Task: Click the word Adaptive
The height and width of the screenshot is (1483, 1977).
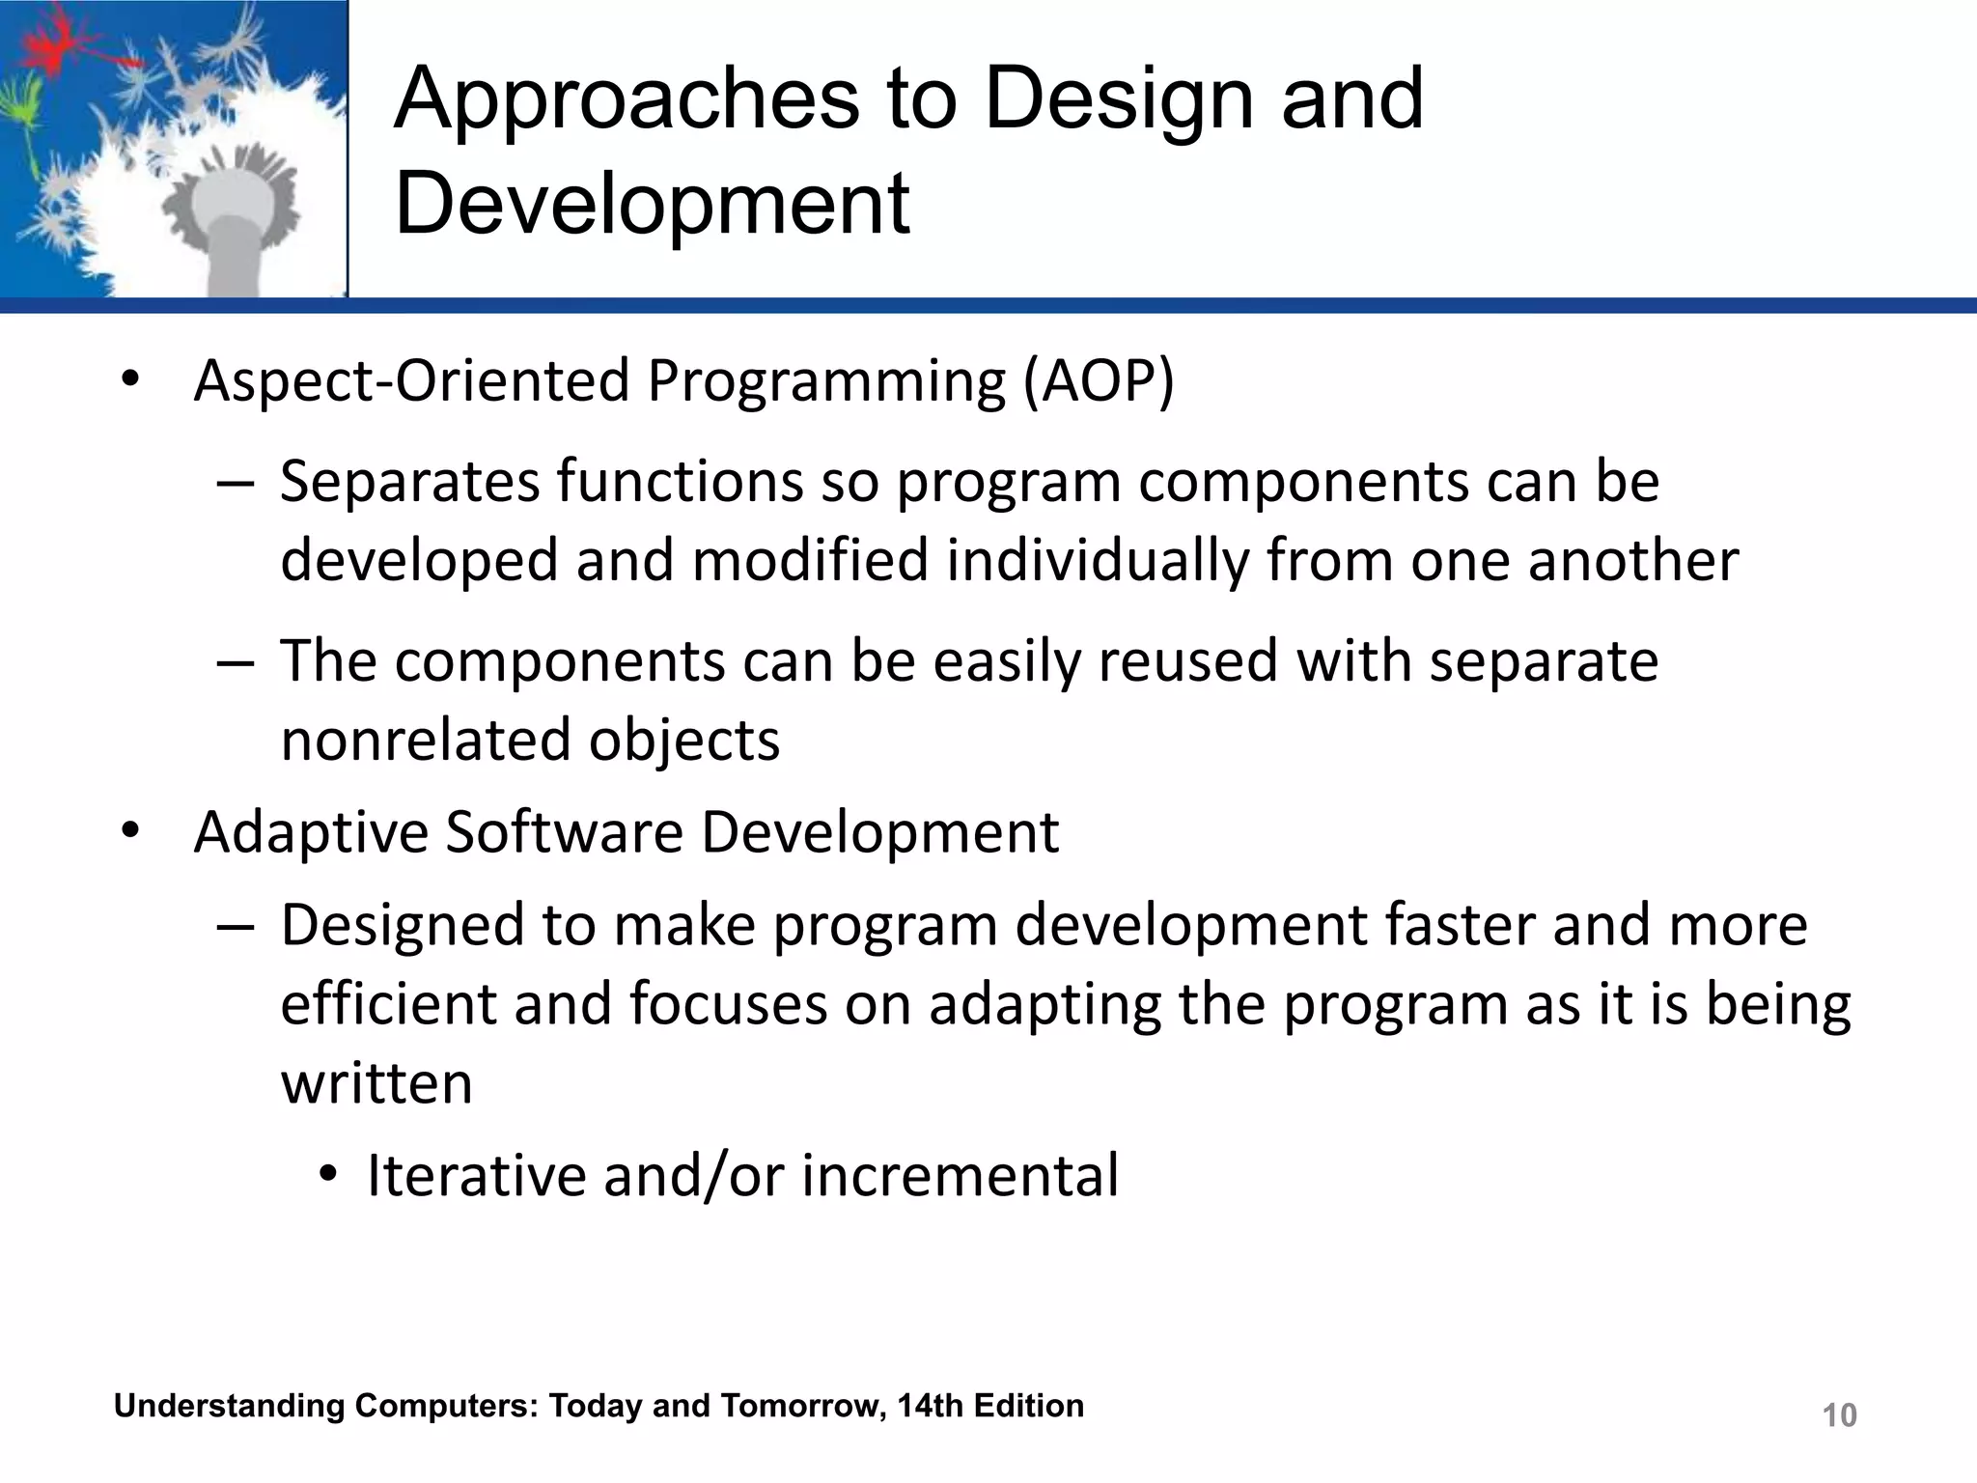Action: [310, 832]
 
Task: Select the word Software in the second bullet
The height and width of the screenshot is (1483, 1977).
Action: [564, 832]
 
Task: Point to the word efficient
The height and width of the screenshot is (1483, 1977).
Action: [388, 1004]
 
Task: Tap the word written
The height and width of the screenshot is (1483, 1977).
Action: [376, 1083]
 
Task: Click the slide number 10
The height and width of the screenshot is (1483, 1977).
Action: [1839, 1415]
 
